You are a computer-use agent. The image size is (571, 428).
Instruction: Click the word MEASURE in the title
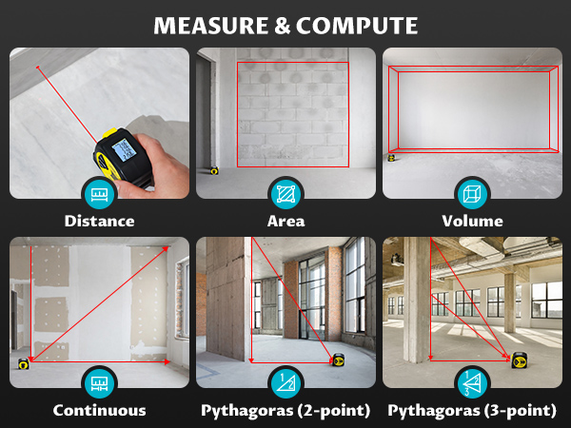(x=212, y=23)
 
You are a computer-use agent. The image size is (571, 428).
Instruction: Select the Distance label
(x=99, y=222)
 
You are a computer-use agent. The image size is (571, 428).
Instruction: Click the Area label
(x=285, y=222)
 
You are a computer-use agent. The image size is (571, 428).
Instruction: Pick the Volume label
(x=472, y=222)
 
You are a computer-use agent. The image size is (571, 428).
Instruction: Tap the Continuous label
(x=99, y=411)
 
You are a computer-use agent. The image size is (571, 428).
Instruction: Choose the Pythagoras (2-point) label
(x=285, y=411)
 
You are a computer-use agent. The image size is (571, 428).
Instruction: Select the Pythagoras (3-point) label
(x=472, y=411)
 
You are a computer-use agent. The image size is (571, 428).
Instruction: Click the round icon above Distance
(x=99, y=194)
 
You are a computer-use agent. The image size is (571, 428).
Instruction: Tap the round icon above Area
(x=285, y=194)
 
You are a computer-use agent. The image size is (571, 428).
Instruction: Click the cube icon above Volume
(x=472, y=194)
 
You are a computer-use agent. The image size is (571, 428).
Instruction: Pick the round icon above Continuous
(x=99, y=383)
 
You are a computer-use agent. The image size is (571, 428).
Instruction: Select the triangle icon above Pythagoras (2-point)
(x=285, y=383)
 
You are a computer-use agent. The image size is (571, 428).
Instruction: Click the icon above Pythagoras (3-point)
(x=472, y=383)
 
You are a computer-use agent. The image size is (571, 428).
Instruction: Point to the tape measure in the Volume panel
(x=391, y=158)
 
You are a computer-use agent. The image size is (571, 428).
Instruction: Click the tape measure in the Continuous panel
(x=23, y=362)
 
